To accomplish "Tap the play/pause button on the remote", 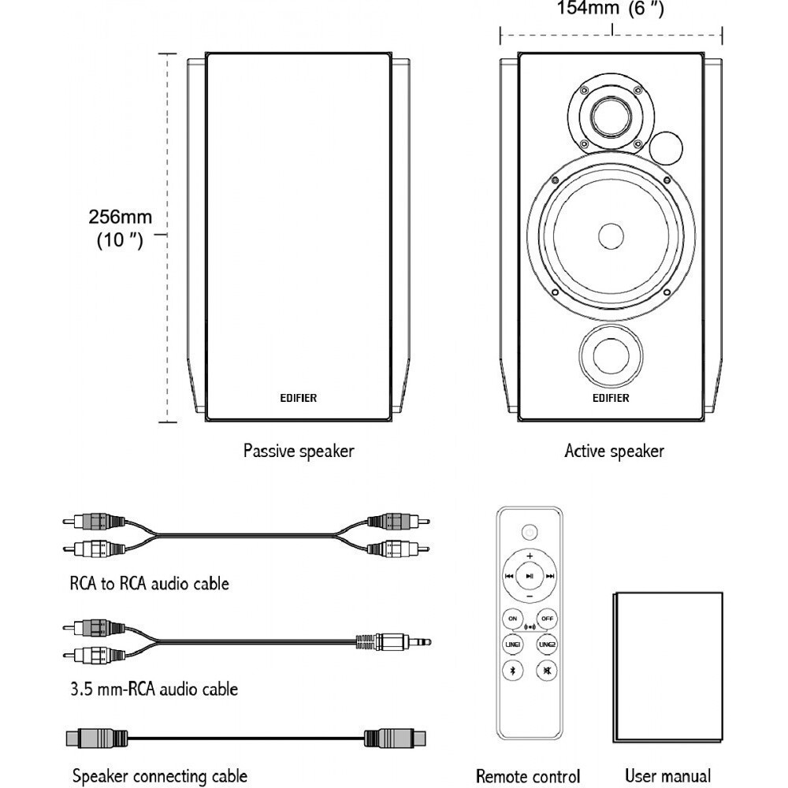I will point(530,576).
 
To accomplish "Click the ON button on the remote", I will point(513,618).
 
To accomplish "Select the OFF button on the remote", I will point(547,618).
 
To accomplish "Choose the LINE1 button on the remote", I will point(513,645).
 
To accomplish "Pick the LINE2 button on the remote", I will point(547,645).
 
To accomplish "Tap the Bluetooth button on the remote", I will point(513,671).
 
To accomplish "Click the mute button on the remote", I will point(547,671).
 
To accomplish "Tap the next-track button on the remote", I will point(550,576).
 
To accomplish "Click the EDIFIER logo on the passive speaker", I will point(299,398).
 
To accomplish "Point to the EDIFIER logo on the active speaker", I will point(611,398).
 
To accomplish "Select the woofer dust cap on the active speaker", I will point(611,236).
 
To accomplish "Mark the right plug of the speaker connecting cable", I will point(394,738).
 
